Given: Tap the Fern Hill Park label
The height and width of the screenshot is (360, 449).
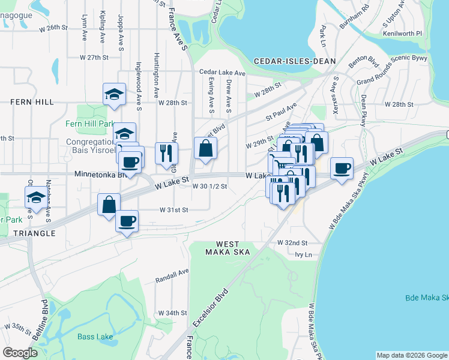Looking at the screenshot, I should [89, 124].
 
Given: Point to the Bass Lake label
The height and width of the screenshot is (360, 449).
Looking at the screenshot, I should [95, 336].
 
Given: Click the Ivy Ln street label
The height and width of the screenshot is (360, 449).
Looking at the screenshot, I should [304, 254].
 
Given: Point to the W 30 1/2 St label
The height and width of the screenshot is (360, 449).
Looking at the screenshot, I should [209, 186].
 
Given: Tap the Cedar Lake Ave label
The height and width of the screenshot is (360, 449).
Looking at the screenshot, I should [223, 73].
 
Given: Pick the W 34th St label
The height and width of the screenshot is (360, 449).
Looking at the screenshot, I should [173, 313].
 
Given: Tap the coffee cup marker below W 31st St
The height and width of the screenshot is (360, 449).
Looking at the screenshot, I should [127, 220].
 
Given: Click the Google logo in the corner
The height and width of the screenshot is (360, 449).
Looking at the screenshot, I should [20, 353].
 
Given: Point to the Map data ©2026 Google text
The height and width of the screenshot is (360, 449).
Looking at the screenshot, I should [411, 355].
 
